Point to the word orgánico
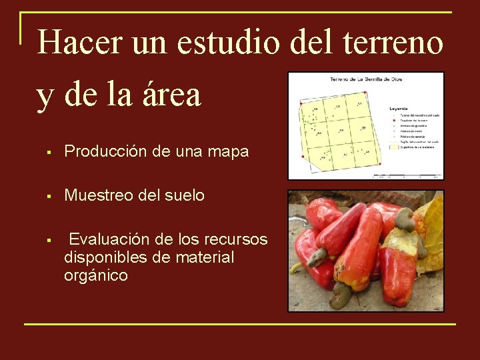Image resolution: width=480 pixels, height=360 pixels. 96,275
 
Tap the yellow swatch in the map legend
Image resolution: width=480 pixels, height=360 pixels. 394,147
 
